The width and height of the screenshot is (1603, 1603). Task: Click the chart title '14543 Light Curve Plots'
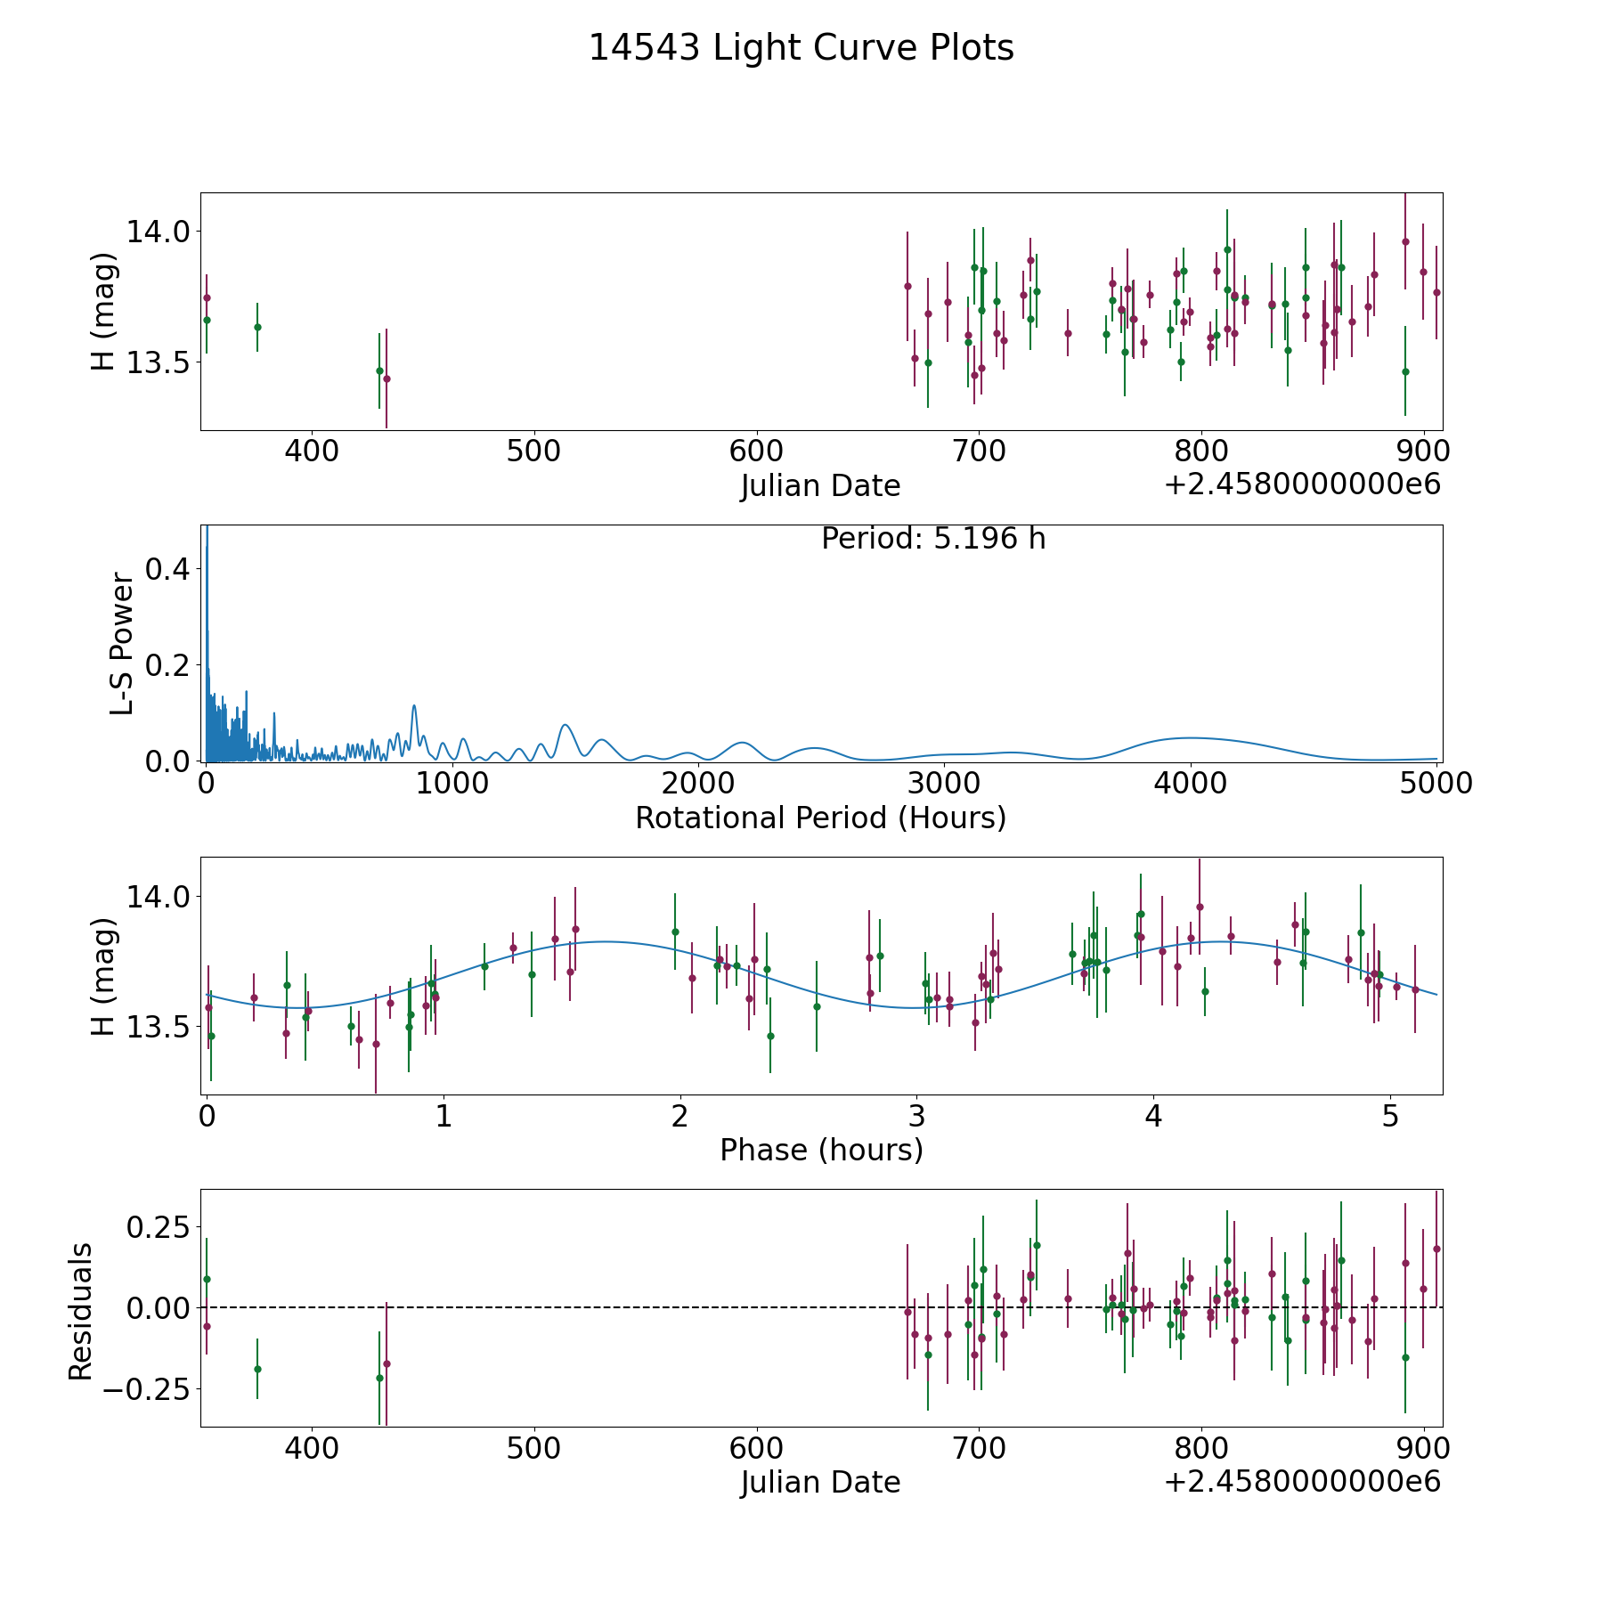click(x=801, y=48)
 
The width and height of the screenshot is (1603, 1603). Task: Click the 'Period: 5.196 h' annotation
click(x=932, y=539)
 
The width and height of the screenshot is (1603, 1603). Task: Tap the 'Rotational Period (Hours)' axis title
click(x=820, y=818)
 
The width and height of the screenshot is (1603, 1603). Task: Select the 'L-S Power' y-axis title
click(x=122, y=643)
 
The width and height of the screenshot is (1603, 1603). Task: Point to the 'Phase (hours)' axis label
click(x=820, y=1150)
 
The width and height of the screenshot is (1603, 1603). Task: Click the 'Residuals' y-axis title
click(x=80, y=1312)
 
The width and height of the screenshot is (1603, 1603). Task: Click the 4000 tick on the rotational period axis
click(x=1191, y=784)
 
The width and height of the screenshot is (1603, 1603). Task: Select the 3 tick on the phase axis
click(x=916, y=1116)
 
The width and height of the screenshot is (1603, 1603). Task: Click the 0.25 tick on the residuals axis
click(x=159, y=1227)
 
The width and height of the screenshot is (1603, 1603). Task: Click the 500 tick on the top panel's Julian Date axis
click(x=533, y=452)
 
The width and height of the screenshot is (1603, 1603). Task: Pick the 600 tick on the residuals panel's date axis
click(x=756, y=1448)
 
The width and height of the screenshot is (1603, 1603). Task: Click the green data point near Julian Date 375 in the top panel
click(x=257, y=327)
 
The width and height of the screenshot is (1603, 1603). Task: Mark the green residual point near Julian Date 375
click(x=257, y=1369)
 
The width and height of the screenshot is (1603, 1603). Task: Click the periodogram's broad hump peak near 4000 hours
click(x=1191, y=737)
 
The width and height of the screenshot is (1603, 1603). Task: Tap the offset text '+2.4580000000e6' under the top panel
click(x=1302, y=485)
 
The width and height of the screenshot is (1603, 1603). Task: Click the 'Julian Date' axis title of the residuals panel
click(x=820, y=1482)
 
